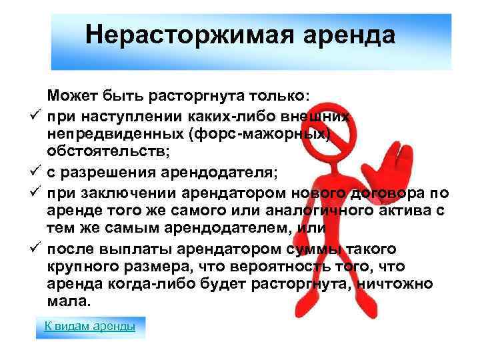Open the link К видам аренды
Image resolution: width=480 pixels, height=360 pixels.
point(89,326)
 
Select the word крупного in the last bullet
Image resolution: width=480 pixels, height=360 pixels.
point(79,267)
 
